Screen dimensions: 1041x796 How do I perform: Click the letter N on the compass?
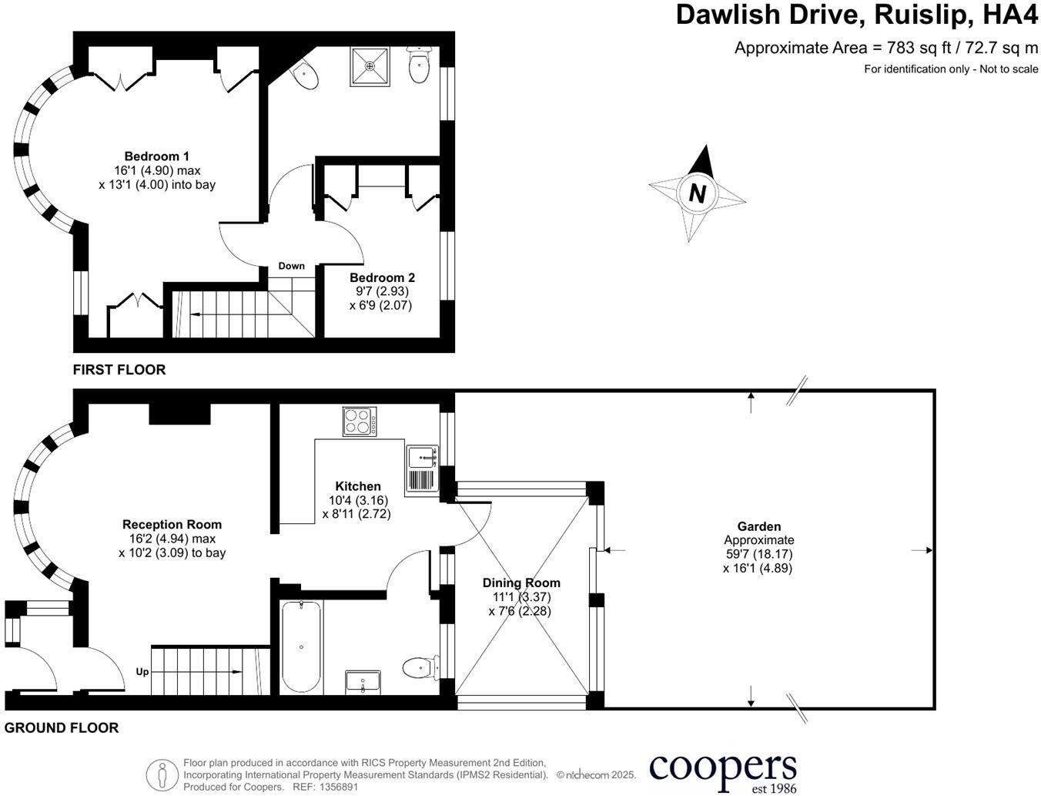click(697, 193)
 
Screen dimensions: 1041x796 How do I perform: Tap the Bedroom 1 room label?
click(157, 156)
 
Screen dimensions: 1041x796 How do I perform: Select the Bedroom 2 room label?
click(382, 277)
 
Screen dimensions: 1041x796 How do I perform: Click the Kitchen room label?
click(358, 486)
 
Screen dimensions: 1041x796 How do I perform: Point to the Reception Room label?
click(172, 525)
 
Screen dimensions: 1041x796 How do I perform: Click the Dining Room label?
click(521, 583)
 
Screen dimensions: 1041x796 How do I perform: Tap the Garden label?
click(759, 526)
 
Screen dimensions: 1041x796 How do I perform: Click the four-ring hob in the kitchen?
click(360, 422)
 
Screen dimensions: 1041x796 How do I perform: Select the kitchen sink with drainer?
click(423, 469)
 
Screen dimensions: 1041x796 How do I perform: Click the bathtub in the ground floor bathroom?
click(301, 647)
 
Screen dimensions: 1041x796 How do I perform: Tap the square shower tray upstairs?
click(370, 66)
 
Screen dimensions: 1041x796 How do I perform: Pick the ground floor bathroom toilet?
click(421, 668)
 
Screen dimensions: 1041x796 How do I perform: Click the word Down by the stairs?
click(291, 266)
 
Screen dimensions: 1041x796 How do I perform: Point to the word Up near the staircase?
click(142, 672)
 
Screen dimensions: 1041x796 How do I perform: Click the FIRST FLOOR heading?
click(119, 370)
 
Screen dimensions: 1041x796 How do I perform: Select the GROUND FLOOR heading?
click(62, 727)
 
